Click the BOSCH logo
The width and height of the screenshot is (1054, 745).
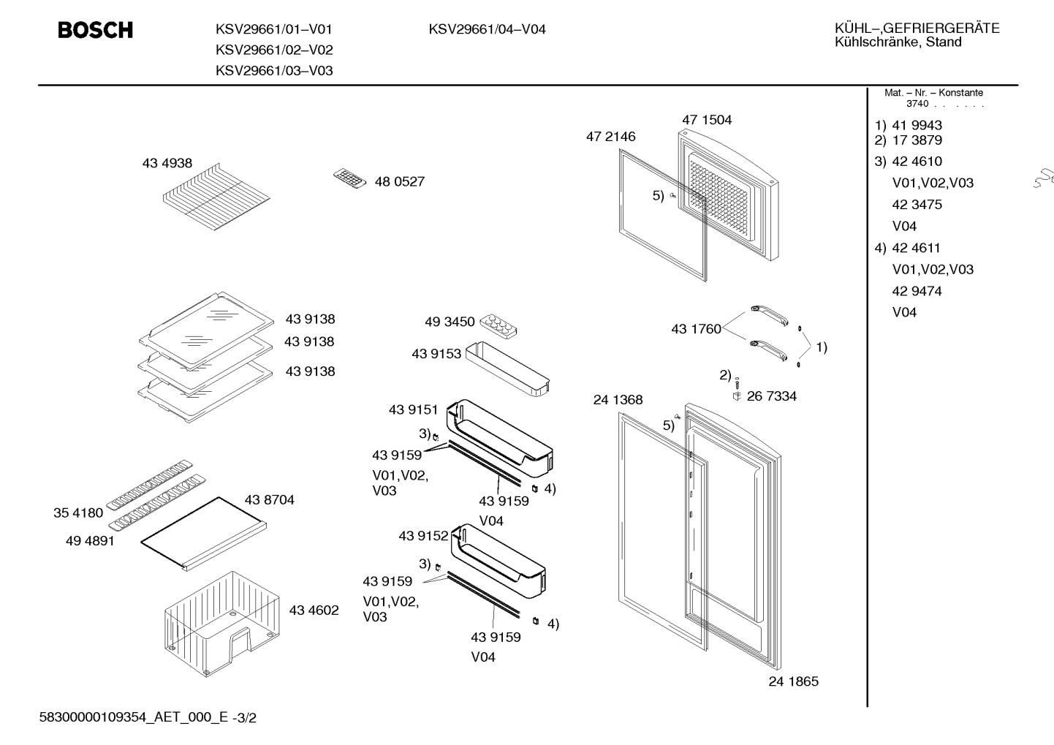pyautogui.click(x=96, y=30)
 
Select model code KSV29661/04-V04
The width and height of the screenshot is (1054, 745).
pyautogui.click(x=487, y=29)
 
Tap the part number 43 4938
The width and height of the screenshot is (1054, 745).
pyautogui.click(x=167, y=163)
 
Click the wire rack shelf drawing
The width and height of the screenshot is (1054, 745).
pyautogui.click(x=216, y=197)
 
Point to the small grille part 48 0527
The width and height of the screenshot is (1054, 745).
pyautogui.click(x=349, y=179)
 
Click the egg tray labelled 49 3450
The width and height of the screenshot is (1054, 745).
pyautogui.click(x=498, y=325)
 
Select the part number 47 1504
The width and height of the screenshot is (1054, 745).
pyautogui.click(x=707, y=120)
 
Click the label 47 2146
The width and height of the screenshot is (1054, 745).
pyautogui.click(x=610, y=137)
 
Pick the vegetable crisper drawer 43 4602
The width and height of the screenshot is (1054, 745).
pyautogui.click(x=222, y=624)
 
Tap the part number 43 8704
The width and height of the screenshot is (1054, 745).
pyautogui.click(x=269, y=500)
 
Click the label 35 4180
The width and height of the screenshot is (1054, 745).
pyautogui.click(x=78, y=513)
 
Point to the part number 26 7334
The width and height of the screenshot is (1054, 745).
pyautogui.click(x=772, y=396)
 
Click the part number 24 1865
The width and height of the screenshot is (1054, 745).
pyautogui.click(x=793, y=681)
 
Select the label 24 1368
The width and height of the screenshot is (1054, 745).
pyautogui.click(x=618, y=400)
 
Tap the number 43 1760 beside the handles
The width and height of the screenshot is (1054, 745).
pyautogui.click(x=696, y=329)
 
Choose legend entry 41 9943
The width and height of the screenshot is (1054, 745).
pyautogui.click(x=917, y=126)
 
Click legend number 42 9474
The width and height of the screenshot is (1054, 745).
pyautogui.click(x=917, y=291)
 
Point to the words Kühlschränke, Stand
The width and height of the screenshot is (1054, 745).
pyautogui.click(x=898, y=42)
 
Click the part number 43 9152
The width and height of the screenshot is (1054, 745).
pyautogui.click(x=423, y=536)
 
